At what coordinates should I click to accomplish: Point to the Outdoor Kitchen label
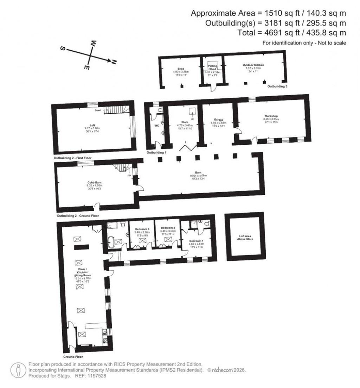[x=253, y=65]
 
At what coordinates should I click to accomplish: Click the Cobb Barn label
[x=94, y=182]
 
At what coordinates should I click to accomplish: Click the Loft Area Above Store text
[x=245, y=237]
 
